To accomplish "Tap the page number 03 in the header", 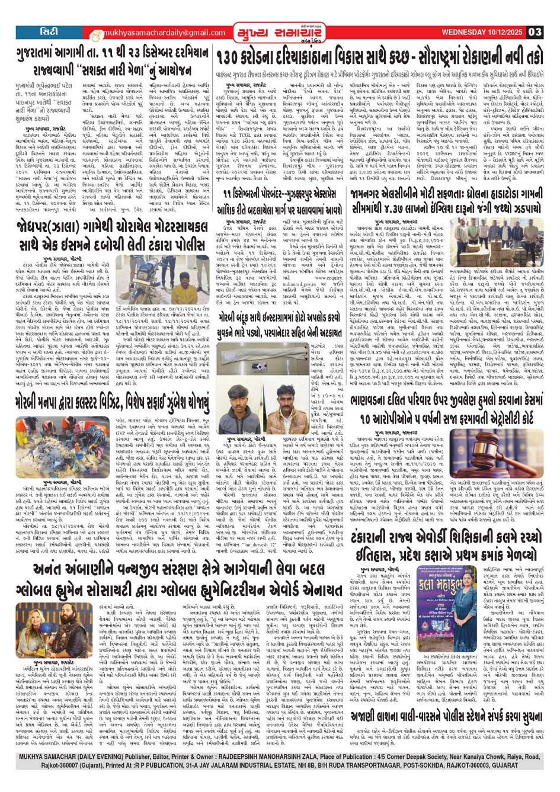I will point(535,31).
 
